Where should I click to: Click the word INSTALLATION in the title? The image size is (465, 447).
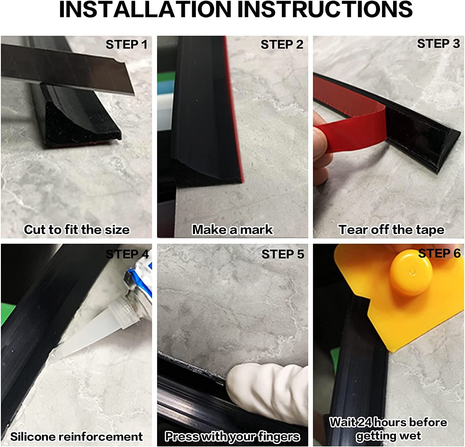(x=145, y=9)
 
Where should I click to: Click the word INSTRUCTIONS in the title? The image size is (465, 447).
(x=325, y=9)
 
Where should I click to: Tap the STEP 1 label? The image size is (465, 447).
(x=126, y=45)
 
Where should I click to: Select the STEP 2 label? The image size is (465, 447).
(x=282, y=45)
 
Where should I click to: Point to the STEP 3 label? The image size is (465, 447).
(x=438, y=44)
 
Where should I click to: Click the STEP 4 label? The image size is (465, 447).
(x=127, y=254)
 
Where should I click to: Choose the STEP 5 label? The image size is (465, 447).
(x=283, y=254)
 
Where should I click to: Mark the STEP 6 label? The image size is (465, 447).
(x=439, y=253)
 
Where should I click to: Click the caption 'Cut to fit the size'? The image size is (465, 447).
(x=77, y=230)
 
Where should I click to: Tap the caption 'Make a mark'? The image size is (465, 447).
(x=232, y=230)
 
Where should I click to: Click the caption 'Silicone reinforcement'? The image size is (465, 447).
(x=76, y=436)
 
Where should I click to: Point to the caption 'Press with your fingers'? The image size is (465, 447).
(x=232, y=436)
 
